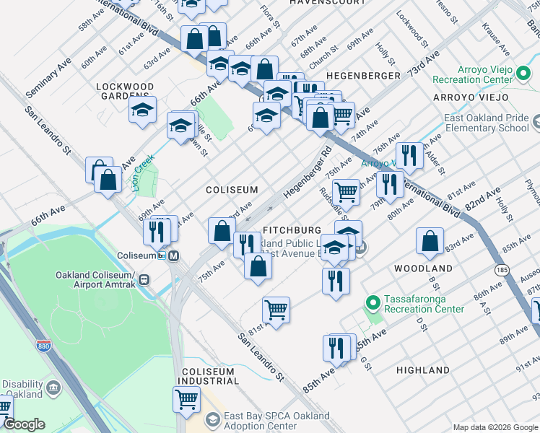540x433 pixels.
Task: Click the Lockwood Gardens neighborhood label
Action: [x=125, y=91]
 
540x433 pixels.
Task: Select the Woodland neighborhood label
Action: [x=423, y=268]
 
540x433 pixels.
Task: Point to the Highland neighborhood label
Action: [x=423, y=369]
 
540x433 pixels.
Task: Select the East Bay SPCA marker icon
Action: [x=212, y=419]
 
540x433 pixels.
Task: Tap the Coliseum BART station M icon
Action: [x=174, y=255]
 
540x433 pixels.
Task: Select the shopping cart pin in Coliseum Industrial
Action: [x=186, y=398]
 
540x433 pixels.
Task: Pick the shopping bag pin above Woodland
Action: [x=430, y=242]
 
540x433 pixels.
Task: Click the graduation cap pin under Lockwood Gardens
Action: [x=143, y=110]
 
